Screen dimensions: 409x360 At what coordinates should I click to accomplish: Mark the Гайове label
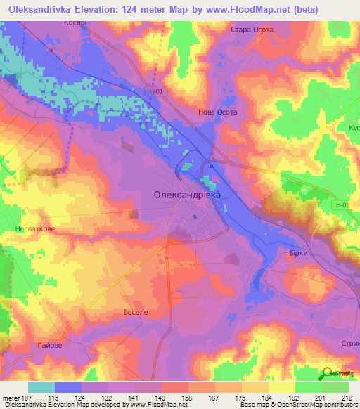pos(49,346)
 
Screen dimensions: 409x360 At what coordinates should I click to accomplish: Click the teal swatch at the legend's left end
pos(41,387)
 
